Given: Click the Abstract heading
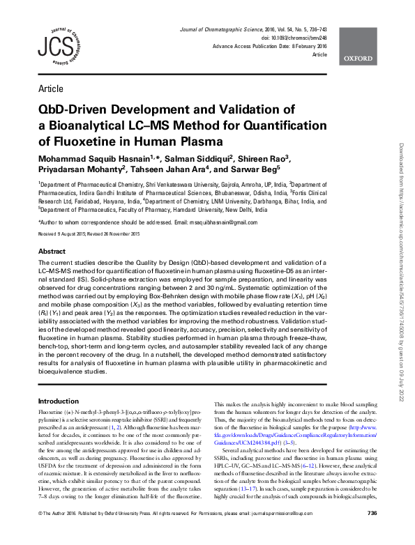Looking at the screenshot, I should click(52, 251).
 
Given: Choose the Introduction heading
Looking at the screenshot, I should click(59, 401).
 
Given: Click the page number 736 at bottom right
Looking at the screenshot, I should click(372, 532).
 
